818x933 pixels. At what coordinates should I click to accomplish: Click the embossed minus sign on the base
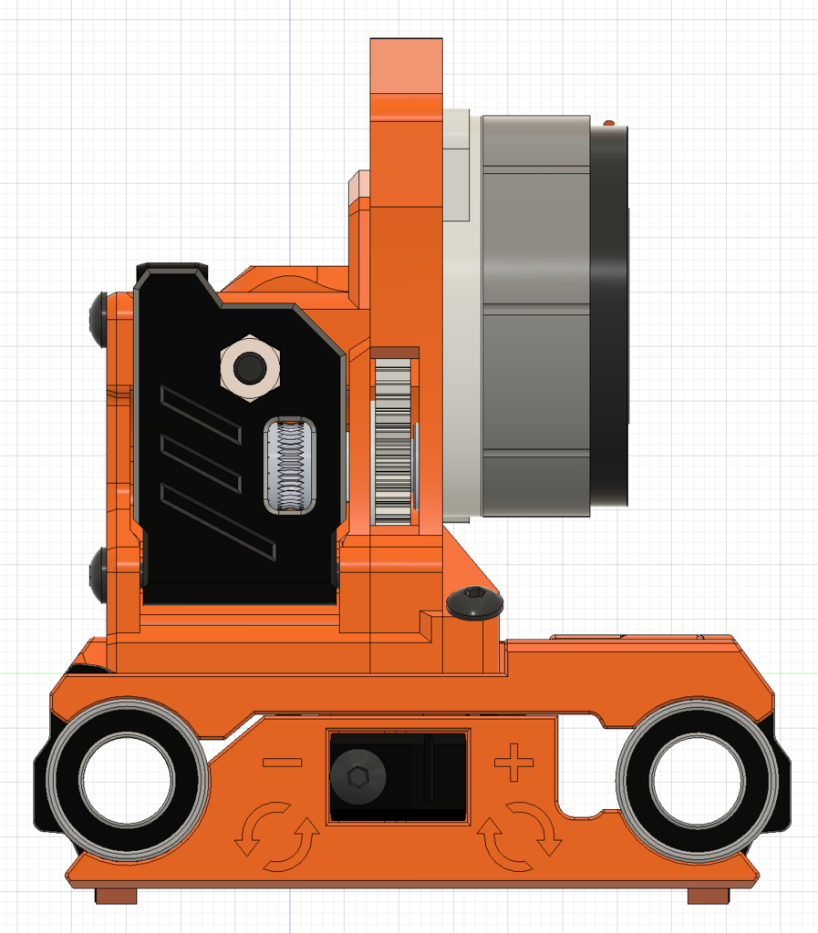(282, 762)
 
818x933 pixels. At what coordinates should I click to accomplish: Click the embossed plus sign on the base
(513, 762)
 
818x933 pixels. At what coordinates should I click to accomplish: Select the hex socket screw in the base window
(357, 777)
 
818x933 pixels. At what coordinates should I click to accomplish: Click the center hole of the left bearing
(127, 780)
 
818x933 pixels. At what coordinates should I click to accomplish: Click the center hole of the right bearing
(698, 780)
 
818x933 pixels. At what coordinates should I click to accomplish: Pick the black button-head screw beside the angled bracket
(475, 601)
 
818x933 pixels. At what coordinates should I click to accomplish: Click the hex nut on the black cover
(250, 368)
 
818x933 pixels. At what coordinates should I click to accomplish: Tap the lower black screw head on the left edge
(99, 574)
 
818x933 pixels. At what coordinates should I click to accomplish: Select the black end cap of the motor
(609, 314)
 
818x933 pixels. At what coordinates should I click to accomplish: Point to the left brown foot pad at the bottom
(116, 897)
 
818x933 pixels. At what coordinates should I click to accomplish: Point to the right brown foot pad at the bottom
(708, 897)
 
